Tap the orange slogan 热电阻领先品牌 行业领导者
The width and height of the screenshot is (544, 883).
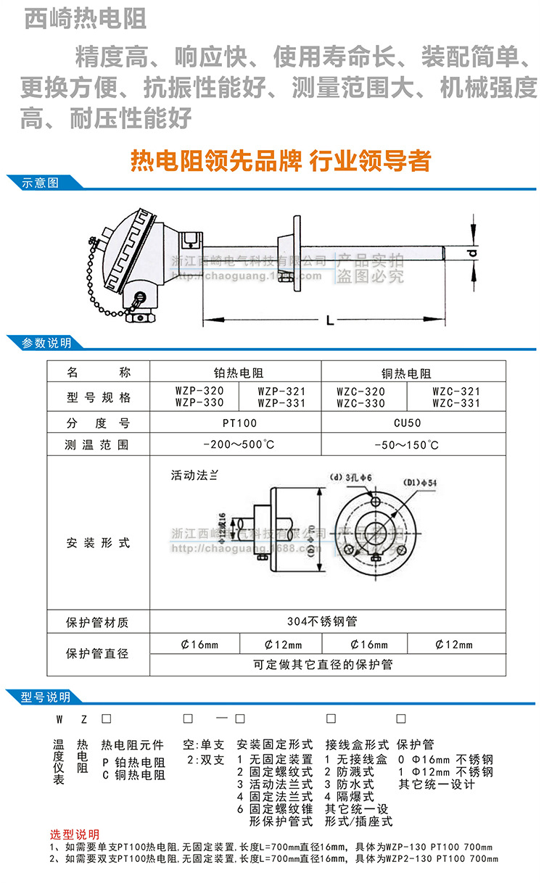tap(279, 160)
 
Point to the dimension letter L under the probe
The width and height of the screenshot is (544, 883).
tap(331, 319)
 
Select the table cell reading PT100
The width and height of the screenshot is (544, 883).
tap(236, 423)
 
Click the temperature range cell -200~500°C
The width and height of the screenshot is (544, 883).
tap(236, 444)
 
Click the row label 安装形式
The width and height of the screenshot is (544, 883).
tap(98, 542)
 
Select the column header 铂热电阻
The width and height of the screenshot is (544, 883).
tap(236, 374)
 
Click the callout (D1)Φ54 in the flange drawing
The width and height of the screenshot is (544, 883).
tap(425, 483)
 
